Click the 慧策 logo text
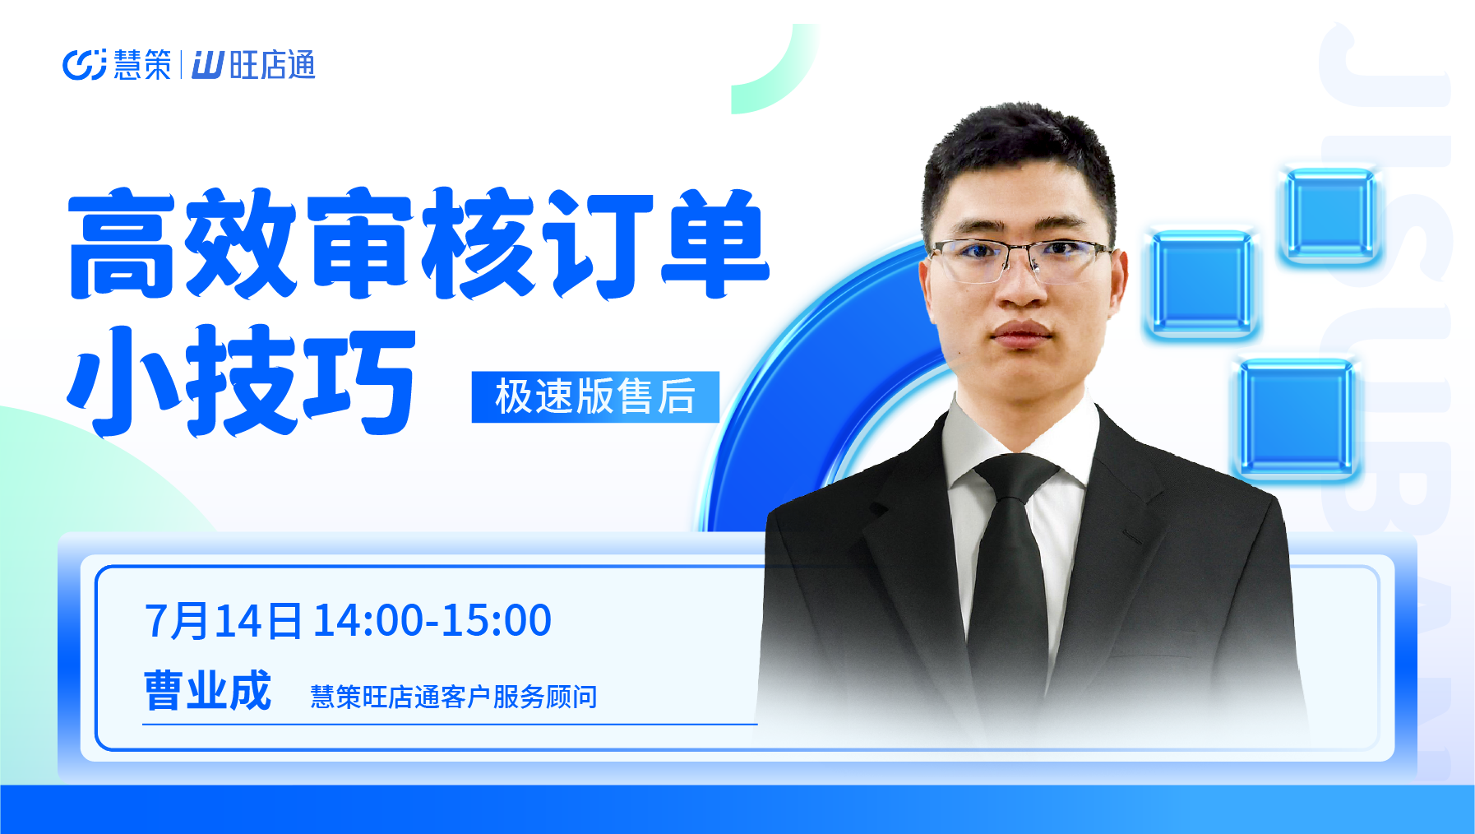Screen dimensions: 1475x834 (x=142, y=65)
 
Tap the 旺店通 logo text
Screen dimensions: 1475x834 (x=272, y=65)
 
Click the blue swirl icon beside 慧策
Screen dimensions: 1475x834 (x=85, y=65)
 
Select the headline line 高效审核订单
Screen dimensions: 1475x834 (x=418, y=243)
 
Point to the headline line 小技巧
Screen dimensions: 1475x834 (x=242, y=380)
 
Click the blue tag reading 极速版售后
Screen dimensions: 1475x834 (x=595, y=396)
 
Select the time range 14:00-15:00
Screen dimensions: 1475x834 (x=432, y=620)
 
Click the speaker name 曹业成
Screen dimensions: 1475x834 (x=207, y=690)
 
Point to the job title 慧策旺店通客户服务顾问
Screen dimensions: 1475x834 (x=454, y=697)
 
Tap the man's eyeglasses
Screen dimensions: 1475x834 (x=1020, y=258)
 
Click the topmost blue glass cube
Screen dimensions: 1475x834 (x=1329, y=215)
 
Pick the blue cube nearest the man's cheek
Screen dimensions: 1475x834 (x=1201, y=284)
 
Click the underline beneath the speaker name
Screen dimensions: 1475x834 (x=450, y=725)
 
